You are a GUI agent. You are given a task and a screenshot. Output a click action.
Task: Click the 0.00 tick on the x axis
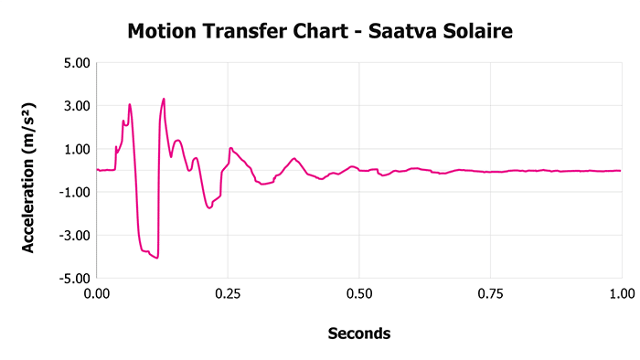pos(97,294)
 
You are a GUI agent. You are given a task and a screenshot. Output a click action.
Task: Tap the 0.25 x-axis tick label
pos(228,294)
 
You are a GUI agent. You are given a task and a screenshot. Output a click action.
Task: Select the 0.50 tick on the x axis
pos(359,294)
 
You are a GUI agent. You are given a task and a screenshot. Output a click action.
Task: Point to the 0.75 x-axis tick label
pos(490,294)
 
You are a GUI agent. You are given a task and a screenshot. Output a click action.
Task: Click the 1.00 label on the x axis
pos(621,294)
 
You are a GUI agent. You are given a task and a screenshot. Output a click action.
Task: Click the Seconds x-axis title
pos(358,334)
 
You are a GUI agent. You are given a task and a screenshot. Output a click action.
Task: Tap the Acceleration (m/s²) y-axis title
pos(28,170)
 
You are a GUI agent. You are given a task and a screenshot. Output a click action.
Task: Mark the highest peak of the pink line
pos(164,99)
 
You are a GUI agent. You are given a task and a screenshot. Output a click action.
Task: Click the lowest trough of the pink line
pos(157,259)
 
